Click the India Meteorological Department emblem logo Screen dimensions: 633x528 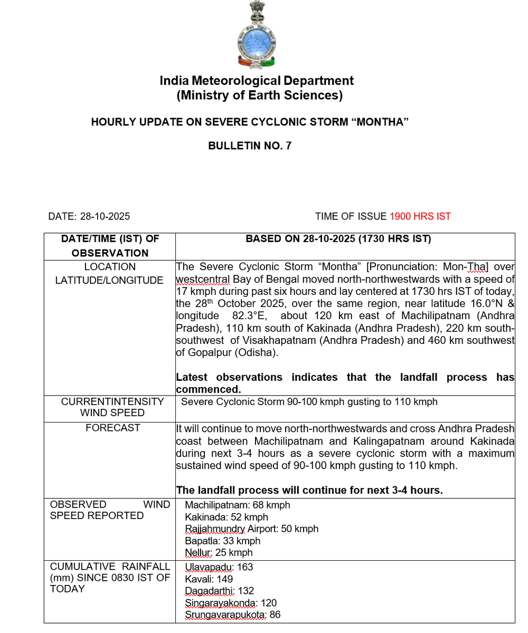tap(256, 35)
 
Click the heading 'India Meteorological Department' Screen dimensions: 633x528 tap(257, 81)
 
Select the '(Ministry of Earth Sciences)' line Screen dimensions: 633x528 tap(259, 95)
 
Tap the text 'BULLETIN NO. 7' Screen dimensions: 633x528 tap(250, 146)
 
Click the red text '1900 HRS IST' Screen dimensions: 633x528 tap(420, 216)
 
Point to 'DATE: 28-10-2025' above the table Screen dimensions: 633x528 tap(89, 216)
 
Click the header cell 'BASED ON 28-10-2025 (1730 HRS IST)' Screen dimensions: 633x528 tap(338, 239)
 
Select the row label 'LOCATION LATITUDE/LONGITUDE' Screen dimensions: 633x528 tap(110, 274)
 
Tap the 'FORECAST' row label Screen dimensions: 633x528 tap(113, 428)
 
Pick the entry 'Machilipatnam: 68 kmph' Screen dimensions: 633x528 tap(237, 505)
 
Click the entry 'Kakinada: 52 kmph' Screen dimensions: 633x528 tap(226, 517)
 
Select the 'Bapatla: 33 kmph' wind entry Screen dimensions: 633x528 tap(222, 541)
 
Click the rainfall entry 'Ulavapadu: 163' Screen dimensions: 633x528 tap(219, 567)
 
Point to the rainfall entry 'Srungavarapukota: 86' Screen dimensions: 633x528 tap(232, 615)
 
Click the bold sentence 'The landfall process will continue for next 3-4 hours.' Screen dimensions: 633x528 tap(309, 490)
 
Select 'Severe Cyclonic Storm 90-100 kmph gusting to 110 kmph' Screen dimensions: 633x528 tap(309, 402)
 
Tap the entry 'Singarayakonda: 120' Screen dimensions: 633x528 tap(230, 602)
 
